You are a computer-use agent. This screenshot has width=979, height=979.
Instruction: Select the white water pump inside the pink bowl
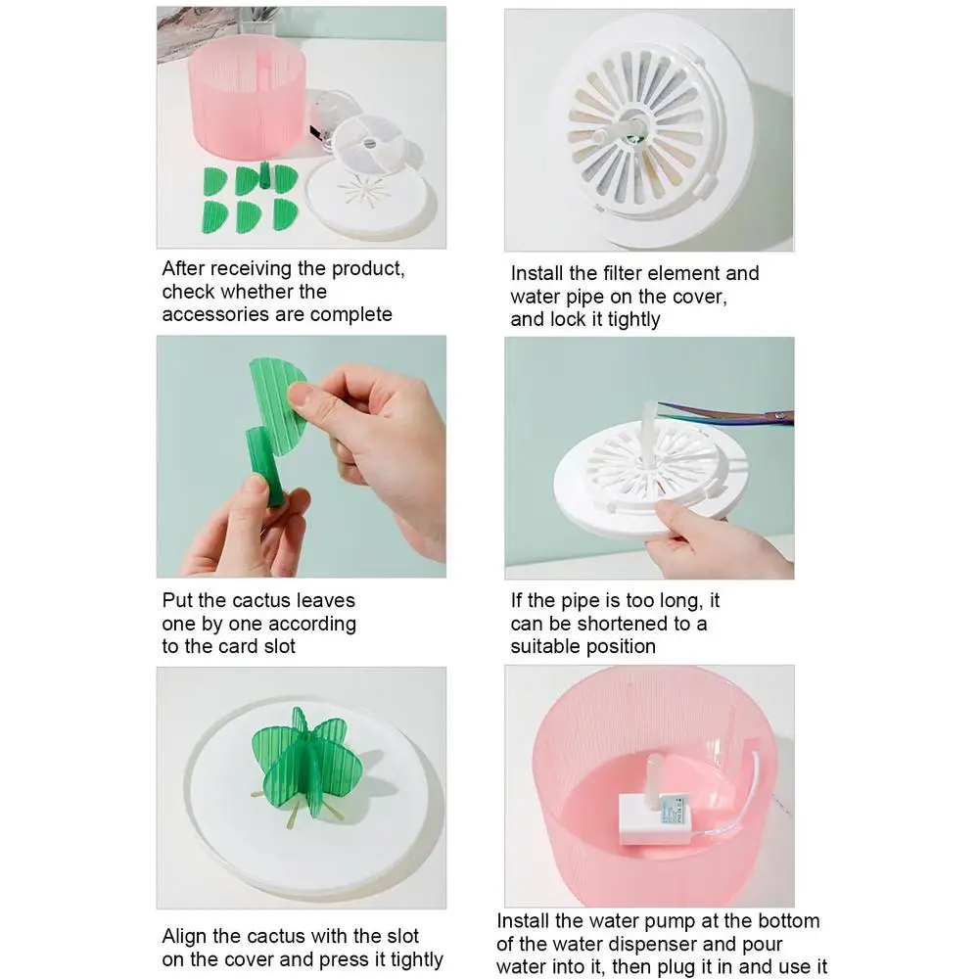[657, 818]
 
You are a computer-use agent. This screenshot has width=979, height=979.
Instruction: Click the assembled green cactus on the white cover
[299, 766]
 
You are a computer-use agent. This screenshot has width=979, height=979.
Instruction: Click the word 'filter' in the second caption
[626, 273]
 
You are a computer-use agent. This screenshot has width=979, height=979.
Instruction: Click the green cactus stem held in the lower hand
[266, 465]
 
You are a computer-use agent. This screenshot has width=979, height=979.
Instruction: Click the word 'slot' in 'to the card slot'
[278, 646]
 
